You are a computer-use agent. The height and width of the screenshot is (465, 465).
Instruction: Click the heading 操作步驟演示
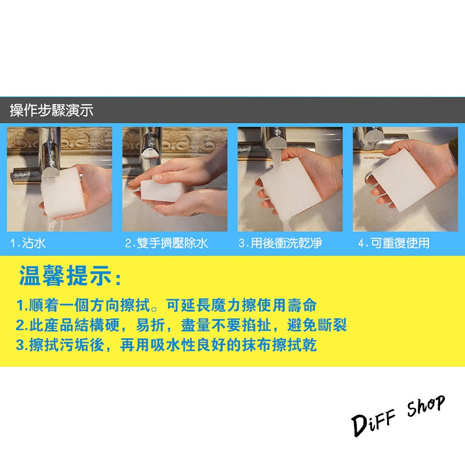coord(52,110)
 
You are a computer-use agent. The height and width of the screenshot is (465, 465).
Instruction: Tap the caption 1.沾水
coord(28,244)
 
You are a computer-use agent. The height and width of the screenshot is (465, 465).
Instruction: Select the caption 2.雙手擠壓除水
coord(166,244)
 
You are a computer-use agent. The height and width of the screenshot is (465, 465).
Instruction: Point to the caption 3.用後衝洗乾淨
coord(280,244)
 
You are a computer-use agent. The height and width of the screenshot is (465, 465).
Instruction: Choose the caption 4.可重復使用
coord(394,244)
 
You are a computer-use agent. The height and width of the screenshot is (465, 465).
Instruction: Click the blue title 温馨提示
coord(70,276)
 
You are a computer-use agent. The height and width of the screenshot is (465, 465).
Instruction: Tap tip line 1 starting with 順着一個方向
coord(166,306)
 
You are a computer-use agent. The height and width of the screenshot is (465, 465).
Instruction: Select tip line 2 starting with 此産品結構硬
coord(181,325)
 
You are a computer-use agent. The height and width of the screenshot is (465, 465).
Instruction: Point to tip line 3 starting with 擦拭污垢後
coord(166,345)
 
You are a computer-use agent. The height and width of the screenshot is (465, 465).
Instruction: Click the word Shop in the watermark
coord(426,406)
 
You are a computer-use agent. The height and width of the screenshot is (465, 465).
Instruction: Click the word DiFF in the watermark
coord(374,423)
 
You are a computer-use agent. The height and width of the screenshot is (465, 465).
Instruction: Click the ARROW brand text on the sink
coord(372,158)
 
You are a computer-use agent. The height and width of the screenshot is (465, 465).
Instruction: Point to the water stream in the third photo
coord(281,193)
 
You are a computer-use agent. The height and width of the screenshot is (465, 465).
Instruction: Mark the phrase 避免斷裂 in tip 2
coord(317,325)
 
